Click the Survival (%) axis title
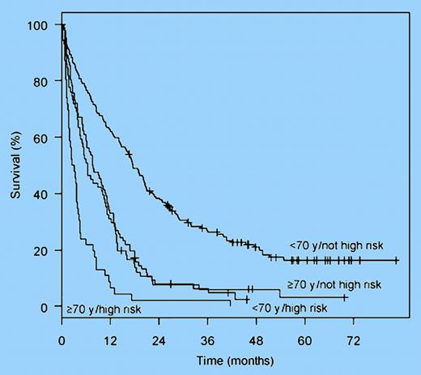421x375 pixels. (15, 166)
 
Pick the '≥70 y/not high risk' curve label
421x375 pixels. (333, 284)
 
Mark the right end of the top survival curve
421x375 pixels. (397, 260)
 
